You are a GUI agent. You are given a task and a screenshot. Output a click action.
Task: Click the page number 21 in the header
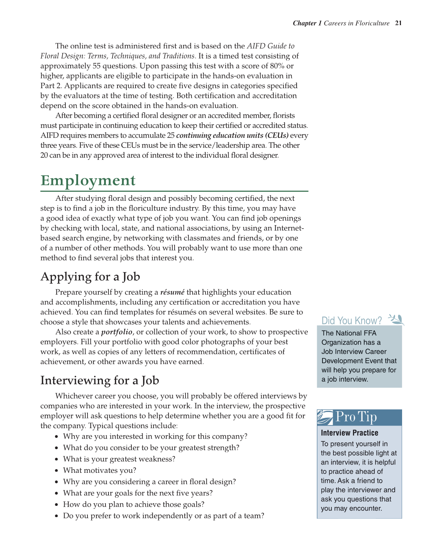click(398, 23)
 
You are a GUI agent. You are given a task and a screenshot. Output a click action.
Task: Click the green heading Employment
click(88, 180)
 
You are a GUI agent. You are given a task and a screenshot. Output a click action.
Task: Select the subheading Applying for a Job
click(90, 277)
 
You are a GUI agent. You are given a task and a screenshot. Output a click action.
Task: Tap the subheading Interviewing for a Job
click(99, 381)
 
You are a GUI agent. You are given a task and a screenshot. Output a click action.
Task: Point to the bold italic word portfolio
click(116, 332)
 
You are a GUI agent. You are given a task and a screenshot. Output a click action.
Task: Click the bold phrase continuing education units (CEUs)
click(232, 135)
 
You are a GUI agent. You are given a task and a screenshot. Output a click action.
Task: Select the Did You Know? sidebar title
click(351, 320)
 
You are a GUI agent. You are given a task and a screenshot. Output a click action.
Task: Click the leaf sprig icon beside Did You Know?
click(396, 319)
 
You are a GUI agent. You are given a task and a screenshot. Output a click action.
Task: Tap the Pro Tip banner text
click(356, 417)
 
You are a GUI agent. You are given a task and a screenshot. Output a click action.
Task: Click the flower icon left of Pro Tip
click(325, 417)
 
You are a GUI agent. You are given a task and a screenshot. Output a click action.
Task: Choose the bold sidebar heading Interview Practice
click(349, 433)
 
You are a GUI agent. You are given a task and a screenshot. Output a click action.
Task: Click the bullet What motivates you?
click(99, 471)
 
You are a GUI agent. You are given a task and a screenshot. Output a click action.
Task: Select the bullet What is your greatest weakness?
click(119, 459)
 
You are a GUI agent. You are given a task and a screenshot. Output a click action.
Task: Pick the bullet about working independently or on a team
click(163, 516)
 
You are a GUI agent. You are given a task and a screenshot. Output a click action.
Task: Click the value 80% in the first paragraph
click(277, 66)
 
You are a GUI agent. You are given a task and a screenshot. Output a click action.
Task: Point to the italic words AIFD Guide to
click(270, 46)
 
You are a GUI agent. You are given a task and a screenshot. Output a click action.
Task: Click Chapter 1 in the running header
click(307, 23)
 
